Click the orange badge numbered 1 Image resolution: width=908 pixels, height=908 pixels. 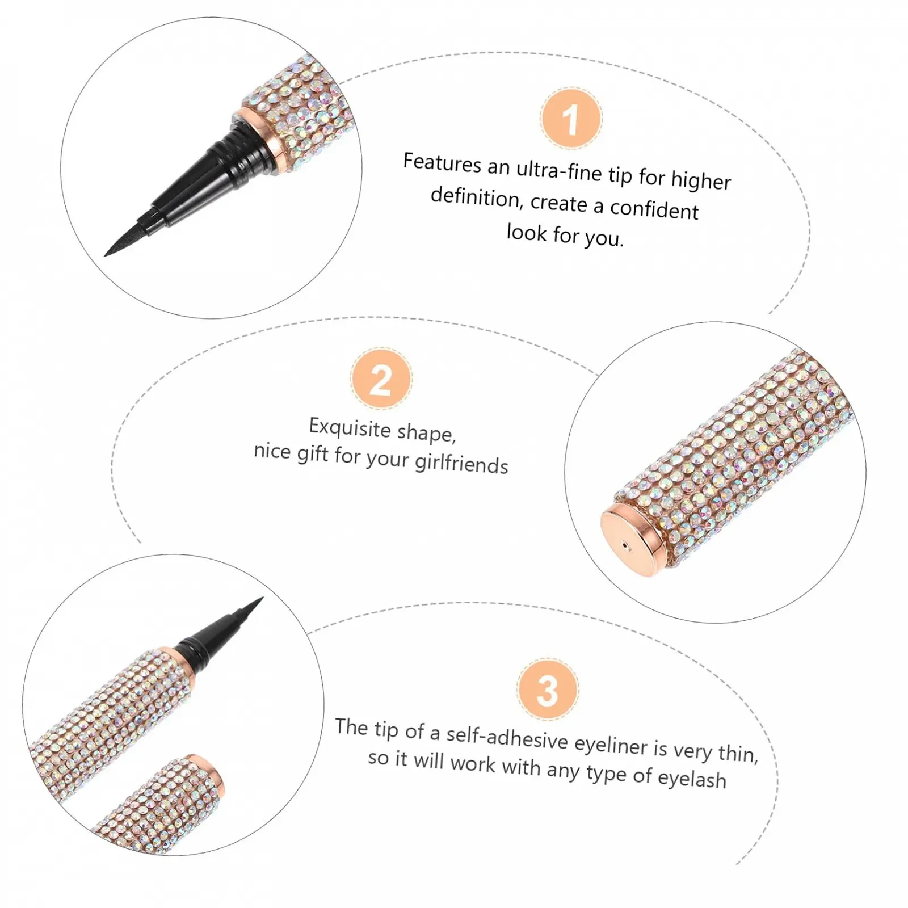[x=571, y=119]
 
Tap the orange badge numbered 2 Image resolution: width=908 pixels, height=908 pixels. [x=381, y=379]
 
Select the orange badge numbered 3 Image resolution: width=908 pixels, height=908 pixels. [x=548, y=690]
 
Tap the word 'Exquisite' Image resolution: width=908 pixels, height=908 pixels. [x=350, y=427]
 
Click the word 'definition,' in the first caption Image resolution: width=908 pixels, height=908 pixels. [x=476, y=197]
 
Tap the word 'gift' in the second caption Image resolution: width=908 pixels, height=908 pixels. [x=313, y=453]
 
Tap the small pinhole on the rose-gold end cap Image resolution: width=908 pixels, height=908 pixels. [x=626, y=547]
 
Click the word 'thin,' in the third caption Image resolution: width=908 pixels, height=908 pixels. [x=738, y=753]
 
